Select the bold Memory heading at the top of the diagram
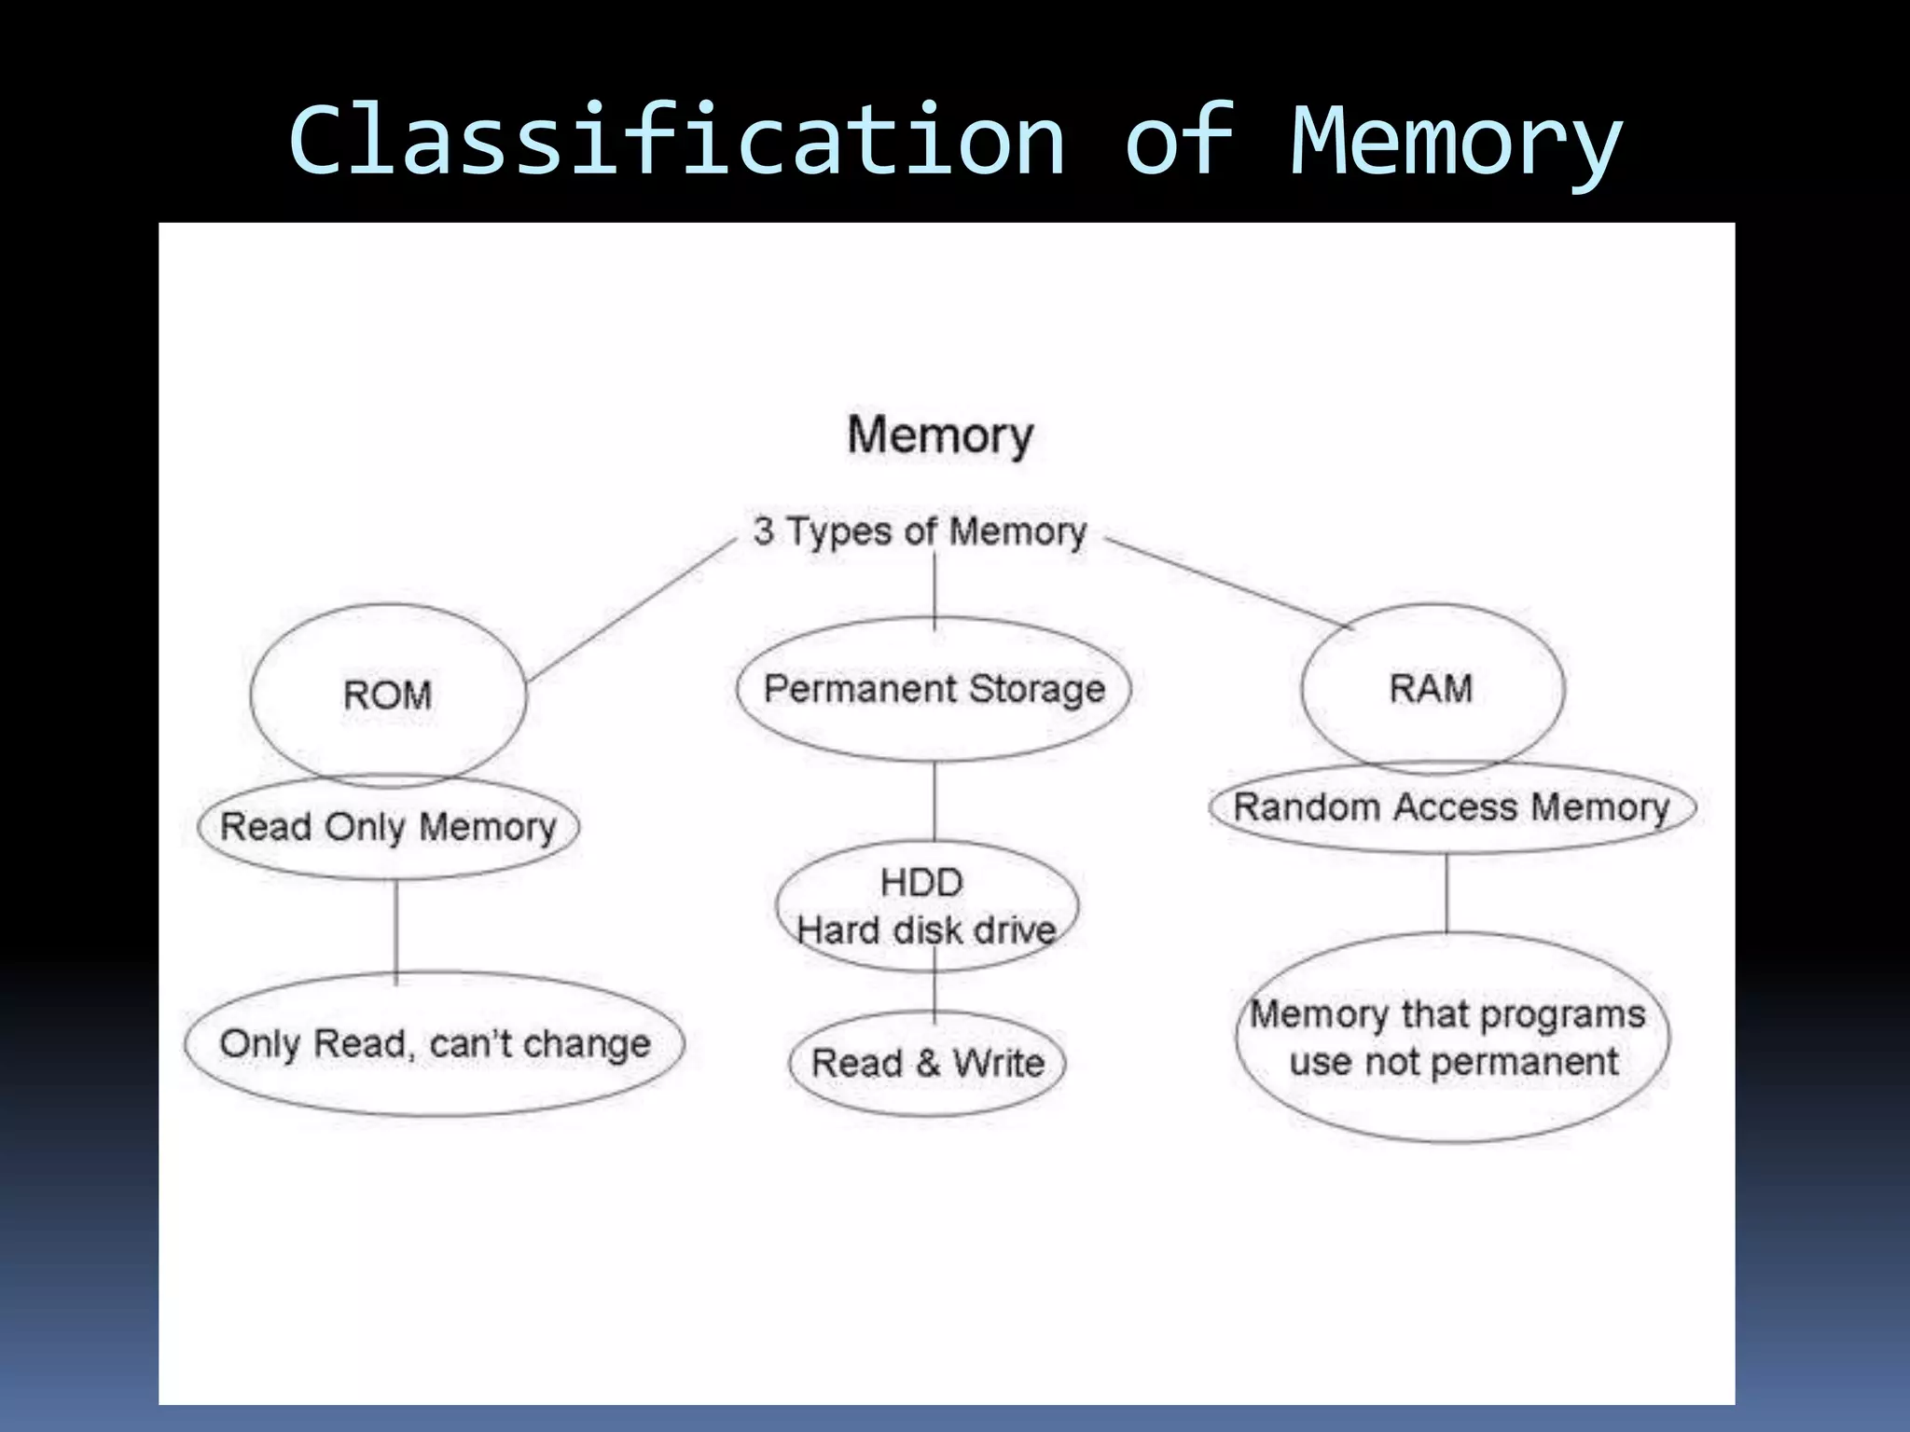tap(940, 435)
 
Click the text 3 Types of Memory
tap(920, 531)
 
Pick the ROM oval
tap(388, 695)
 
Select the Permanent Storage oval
tap(934, 689)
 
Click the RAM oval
tap(1432, 688)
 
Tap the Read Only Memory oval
tap(388, 827)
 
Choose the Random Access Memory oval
tap(1451, 807)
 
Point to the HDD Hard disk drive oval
tap(926, 906)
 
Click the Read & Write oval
tap(927, 1063)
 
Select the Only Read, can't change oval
tap(435, 1044)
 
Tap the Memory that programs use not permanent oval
tap(1452, 1038)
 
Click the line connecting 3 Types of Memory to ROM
tap(632, 610)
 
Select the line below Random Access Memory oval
tap(1446, 893)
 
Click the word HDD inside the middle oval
tap(921, 882)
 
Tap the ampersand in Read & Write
tap(927, 1063)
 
